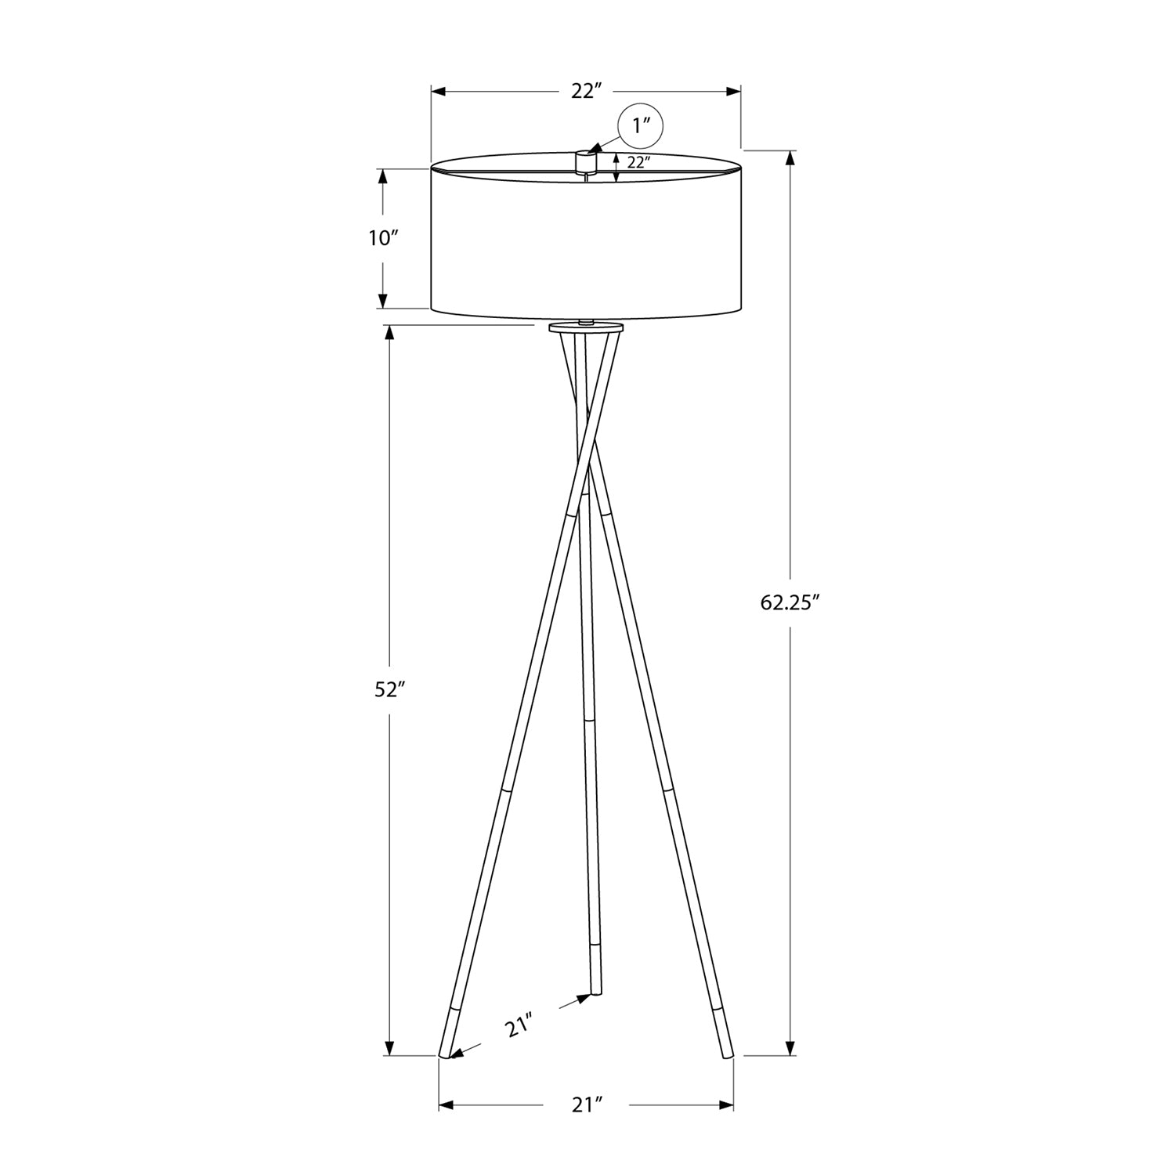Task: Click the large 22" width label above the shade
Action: pos(585,92)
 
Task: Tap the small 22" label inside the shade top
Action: pos(639,163)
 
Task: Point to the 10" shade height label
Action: pos(384,238)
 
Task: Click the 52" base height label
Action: pos(389,690)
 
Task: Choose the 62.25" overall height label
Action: pos(790,602)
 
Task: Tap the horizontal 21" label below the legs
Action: pos(586,1105)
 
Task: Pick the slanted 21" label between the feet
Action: pos(519,1025)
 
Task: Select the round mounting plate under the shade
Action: pos(586,327)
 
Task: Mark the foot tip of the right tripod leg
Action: pos(726,1055)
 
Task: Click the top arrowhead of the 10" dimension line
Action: pos(383,177)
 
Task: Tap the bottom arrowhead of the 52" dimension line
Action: pos(389,1047)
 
